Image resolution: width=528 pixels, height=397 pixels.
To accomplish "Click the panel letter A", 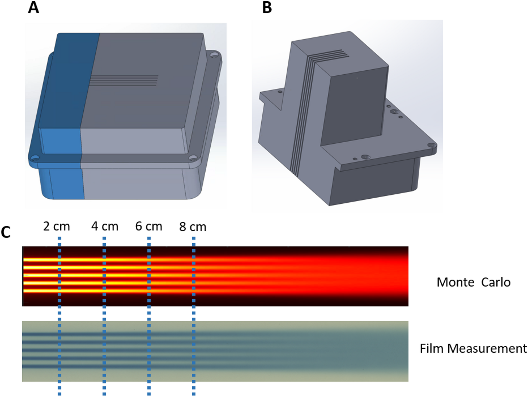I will [33, 8].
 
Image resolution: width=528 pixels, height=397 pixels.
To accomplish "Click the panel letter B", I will [267, 8].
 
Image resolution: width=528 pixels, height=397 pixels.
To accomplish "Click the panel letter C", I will [6, 232].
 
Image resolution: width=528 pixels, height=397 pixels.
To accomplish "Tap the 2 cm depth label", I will [57, 226].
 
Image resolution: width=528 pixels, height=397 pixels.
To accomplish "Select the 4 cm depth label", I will [105, 226].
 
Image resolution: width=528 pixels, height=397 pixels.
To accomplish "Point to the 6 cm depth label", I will [149, 226].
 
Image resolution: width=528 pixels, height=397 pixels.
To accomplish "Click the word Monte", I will [455, 282].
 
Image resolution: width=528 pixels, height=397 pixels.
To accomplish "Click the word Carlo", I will [496, 282].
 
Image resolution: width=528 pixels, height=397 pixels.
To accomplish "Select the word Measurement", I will [487, 349].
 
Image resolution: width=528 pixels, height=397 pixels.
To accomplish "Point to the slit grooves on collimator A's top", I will [124, 80].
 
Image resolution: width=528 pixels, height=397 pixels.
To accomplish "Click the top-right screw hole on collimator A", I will [215, 55].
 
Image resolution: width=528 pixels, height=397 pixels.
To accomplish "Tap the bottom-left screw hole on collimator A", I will [35, 158].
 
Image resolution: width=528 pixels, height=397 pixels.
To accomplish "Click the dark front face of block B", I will [355, 105].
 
